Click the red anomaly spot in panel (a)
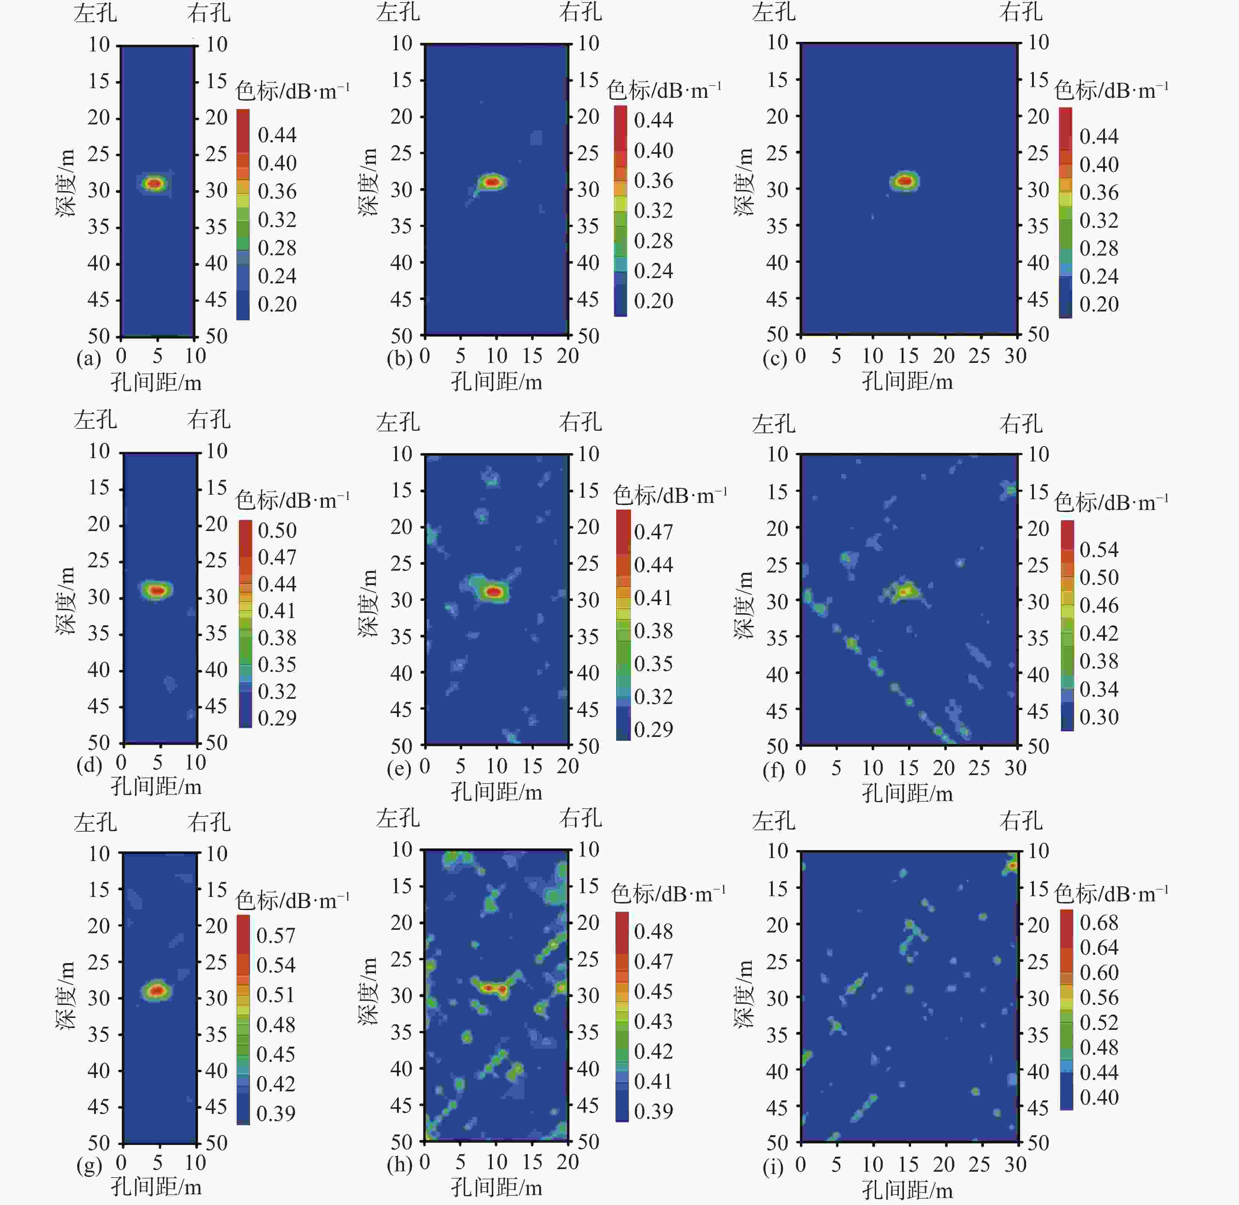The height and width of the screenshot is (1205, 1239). tap(154, 184)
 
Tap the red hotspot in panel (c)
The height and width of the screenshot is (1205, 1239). tap(905, 181)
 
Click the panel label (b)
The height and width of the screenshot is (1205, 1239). tap(399, 359)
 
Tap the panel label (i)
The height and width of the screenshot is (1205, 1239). tap(773, 1166)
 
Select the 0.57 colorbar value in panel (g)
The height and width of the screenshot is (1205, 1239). tap(276, 935)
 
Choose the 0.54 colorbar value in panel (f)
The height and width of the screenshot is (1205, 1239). tap(1099, 549)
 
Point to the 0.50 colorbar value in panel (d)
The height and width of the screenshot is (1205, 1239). tap(277, 530)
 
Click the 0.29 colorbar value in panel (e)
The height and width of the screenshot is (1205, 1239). tap(653, 729)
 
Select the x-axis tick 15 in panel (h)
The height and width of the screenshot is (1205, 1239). tap(532, 1162)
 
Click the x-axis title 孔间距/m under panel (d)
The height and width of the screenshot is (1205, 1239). tap(156, 787)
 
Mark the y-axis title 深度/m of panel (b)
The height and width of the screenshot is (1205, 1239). tap(368, 182)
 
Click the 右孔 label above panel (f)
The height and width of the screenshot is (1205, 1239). tap(1021, 423)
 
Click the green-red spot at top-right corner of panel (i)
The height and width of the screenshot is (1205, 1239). tap(1012, 865)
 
